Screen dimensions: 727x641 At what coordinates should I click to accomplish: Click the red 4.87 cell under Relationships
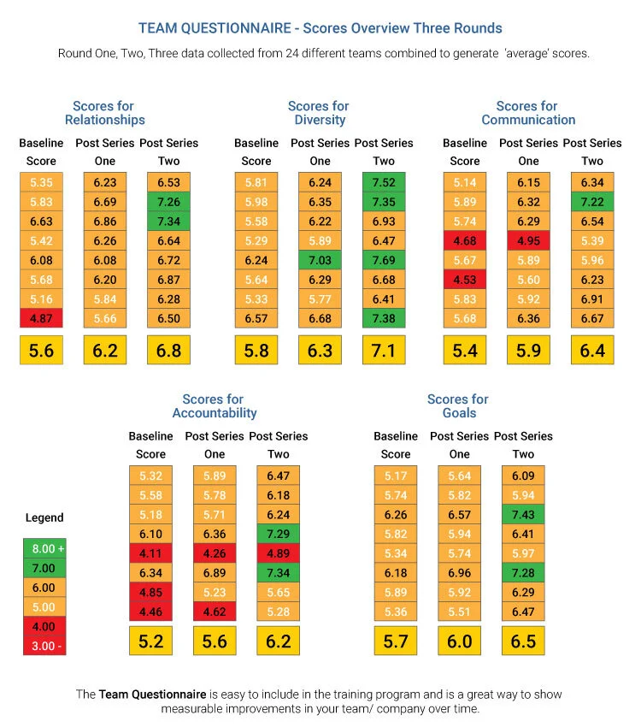41,319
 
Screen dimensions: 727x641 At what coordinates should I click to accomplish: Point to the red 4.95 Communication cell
528,240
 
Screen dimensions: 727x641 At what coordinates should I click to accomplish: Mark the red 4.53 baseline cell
465,280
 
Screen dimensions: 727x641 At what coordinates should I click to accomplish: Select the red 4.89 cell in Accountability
279,553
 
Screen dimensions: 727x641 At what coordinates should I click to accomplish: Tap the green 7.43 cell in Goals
523,514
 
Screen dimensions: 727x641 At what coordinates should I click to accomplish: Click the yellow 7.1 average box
384,351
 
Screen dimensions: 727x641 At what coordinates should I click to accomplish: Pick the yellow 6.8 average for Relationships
169,351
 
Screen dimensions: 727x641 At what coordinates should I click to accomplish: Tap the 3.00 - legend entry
44,646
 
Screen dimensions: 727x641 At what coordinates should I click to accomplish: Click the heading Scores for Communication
528,113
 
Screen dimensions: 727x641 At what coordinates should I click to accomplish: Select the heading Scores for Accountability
214,406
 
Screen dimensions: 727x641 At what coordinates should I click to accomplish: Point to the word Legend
44,517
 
